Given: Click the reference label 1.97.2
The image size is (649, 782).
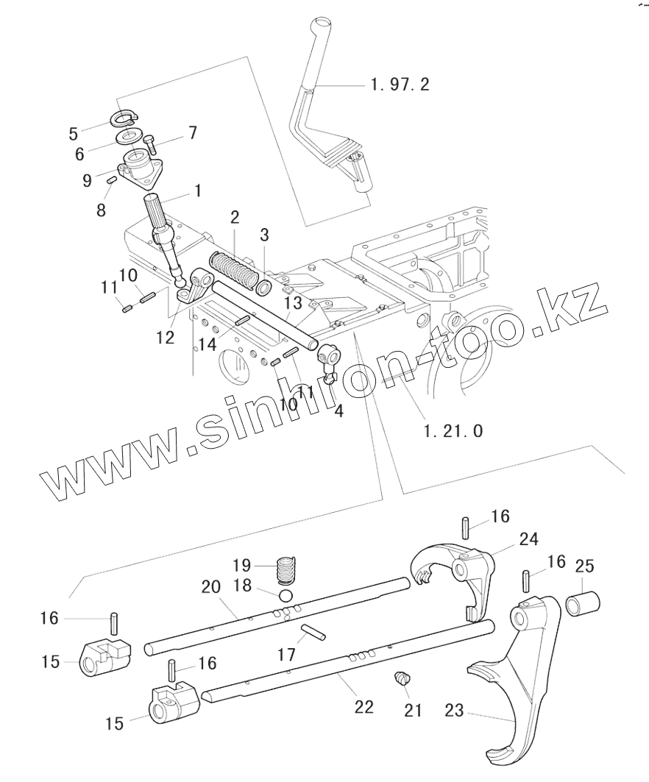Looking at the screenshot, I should (x=400, y=85).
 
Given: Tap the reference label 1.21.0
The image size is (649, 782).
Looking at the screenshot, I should (x=453, y=431).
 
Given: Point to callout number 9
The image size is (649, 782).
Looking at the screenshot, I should (x=87, y=179).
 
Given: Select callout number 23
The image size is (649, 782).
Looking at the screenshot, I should (x=455, y=711).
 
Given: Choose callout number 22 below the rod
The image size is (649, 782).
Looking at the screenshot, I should (x=363, y=707).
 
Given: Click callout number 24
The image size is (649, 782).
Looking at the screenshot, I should (x=528, y=539).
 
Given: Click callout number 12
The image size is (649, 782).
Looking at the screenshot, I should (x=166, y=337).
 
